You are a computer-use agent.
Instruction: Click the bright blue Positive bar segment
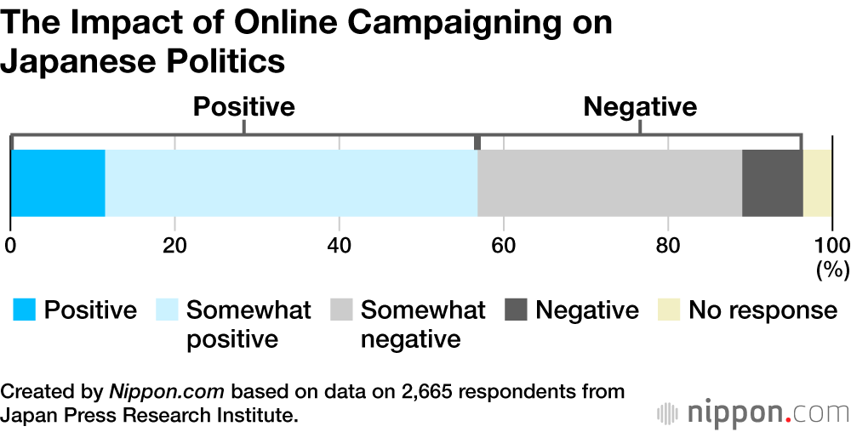point(58,183)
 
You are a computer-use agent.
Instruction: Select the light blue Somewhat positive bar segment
point(291,183)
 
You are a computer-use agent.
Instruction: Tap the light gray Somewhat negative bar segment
point(609,183)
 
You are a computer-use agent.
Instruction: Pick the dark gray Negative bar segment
point(772,183)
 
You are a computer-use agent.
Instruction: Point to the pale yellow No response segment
point(817,183)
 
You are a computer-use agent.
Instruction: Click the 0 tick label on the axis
point(10,246)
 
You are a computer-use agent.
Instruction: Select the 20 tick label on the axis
point(174,246)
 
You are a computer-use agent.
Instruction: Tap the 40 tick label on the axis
point(340,246)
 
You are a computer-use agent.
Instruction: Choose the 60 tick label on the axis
point(504,246)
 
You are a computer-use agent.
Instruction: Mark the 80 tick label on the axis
point(668,246)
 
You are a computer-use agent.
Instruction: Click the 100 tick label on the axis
point(831,246)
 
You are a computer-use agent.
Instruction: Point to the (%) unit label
point(832,270)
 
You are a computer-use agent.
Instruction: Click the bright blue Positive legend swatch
point(24,310)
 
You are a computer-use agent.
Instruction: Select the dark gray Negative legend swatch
point(516,310)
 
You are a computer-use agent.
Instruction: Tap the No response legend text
point(762,310)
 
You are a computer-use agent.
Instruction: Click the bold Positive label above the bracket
point(243,107)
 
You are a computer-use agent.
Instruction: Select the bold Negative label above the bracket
point(639,107)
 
